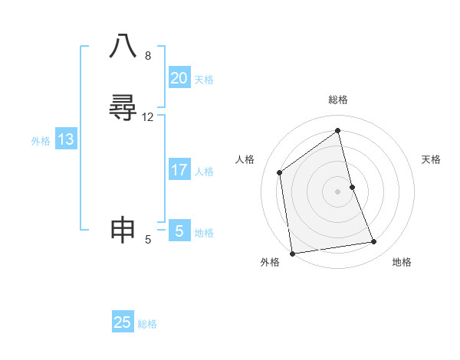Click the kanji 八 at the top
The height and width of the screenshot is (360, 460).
(x=123, y=47)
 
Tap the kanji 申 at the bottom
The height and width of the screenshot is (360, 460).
(x=123, y=230)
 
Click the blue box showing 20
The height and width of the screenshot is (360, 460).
(x=179, y=78)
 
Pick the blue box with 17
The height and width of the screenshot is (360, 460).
(x=179, y=170)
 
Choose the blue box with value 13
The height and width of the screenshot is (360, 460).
(x=66, y=139)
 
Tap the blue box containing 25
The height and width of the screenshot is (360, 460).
(x=123, y=322)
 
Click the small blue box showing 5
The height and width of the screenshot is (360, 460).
(x=179, y=231)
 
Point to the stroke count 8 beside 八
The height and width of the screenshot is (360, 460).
(x=148, y=56)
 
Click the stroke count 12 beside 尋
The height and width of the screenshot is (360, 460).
(x=148, y=117)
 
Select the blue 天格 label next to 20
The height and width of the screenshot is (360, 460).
(x=204, y=80)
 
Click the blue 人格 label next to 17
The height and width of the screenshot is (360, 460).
(x=204, y=172)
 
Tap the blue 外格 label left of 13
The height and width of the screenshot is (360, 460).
(x=41, y=141)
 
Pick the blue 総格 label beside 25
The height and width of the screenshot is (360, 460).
(x=147, y=324)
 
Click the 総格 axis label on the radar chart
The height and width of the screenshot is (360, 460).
(x=338, y=100)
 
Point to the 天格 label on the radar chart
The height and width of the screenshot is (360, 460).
(x=431, y=159)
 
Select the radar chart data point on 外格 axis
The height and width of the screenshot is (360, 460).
(x=291, y=253)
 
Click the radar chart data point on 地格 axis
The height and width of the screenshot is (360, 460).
(x=374, y=242)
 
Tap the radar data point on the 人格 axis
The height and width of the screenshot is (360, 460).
(x=280, y=172)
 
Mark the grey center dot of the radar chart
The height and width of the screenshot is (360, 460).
(x=338, y=191)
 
